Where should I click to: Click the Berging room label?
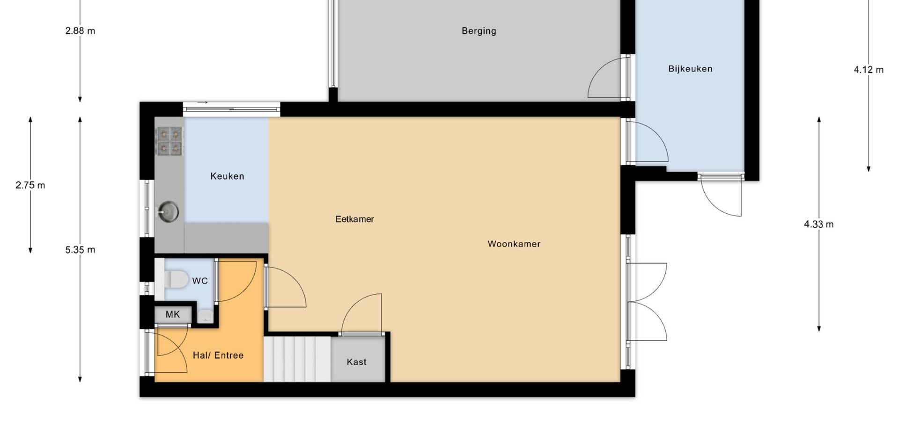479,31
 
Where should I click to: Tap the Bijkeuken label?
690,69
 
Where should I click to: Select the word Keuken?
227,176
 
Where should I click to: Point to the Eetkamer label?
354,219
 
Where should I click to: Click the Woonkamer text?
514,244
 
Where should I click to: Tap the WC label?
200,281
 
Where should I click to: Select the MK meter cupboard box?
173,314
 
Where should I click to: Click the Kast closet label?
356,362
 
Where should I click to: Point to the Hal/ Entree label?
218,356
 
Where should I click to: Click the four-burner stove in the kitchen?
169,141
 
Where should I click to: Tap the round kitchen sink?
168,211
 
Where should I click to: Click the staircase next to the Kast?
297,359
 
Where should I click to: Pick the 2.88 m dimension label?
80,31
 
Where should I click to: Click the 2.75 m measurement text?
30,185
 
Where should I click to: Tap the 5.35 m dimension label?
80,250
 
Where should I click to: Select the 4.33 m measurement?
818,225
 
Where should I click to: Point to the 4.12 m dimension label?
869,70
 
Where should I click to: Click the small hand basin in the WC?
205,316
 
